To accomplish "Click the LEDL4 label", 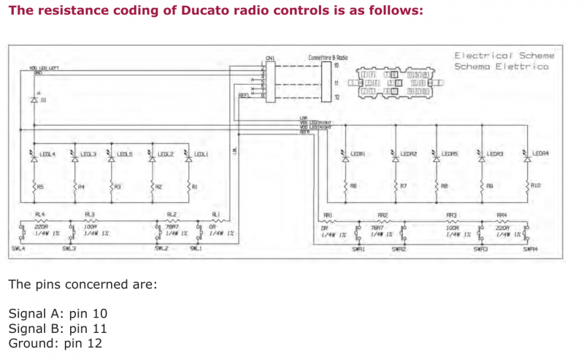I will pos(49,154).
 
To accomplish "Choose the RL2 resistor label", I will pos(172,214).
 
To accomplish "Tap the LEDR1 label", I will pos(358,154).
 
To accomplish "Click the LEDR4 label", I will pos(540,154).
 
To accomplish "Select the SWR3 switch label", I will pos(480,249).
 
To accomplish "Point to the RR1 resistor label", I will pos(328,215).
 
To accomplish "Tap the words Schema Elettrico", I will pos(501,66).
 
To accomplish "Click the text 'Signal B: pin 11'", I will pos(58,329).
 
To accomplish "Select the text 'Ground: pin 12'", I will pos(55,342).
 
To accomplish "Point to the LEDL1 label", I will pos(201,154).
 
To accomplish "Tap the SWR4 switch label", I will pos(531,249).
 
